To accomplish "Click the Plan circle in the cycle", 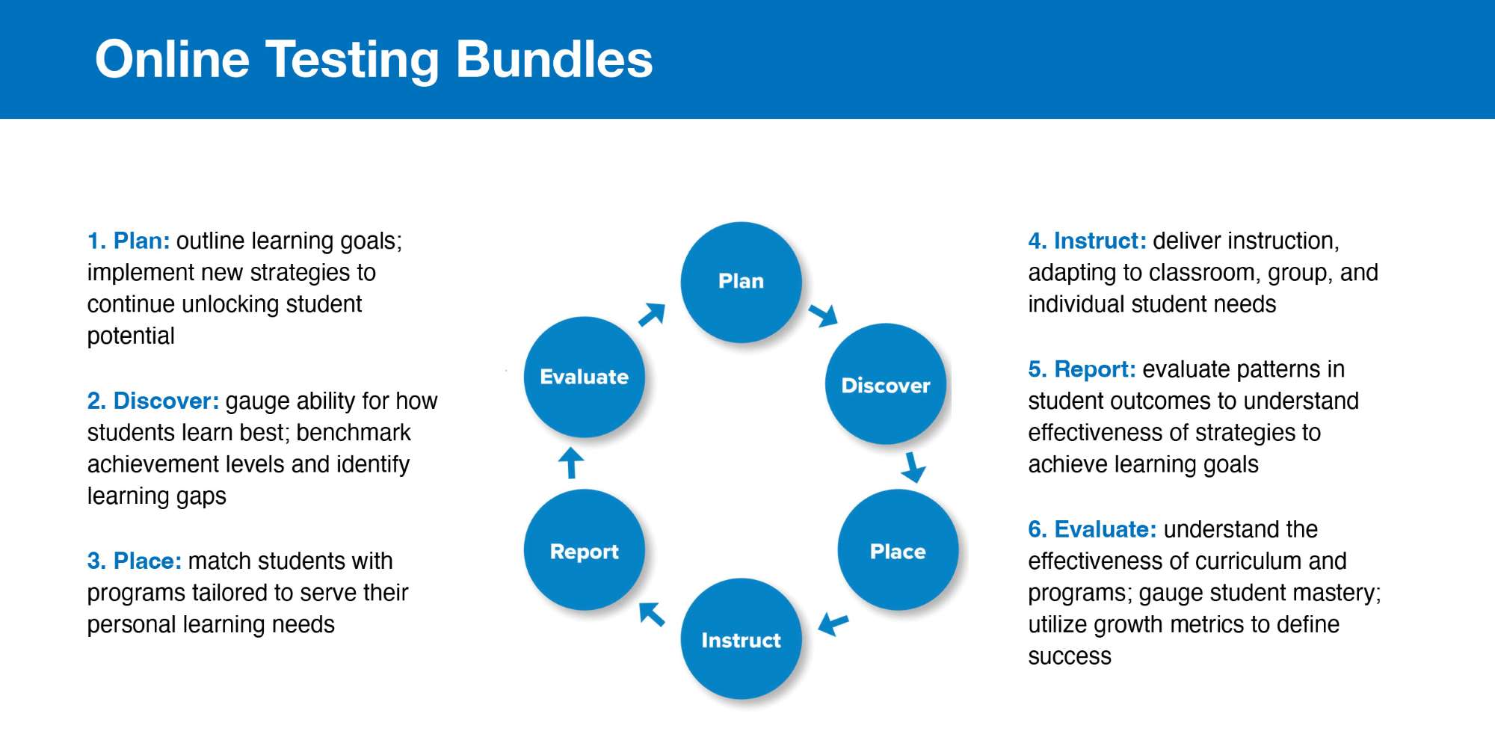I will click(x=741, y=282).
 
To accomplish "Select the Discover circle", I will click(x=886, y=384).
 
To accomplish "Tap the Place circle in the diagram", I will click(x=898, y=551).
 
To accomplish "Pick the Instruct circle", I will click(x=741, y=639).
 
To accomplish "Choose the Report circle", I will click(x=585, y=551).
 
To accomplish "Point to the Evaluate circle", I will click(x=585, y=377).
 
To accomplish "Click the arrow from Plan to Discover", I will click(x=823, y=315).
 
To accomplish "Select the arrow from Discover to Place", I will click(x=913, y=467).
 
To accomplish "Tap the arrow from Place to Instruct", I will click(x=833, y=623).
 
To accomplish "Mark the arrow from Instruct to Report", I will click(x=652, y=614).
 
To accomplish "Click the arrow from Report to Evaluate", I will click(x=571, y=462).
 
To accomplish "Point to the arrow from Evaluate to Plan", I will click(x=652, y=315).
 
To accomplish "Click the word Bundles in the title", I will click(x=554, y=60).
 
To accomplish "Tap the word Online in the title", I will click(x=172, y=60).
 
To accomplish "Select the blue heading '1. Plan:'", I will click(x=129, y=241).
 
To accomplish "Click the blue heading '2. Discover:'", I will click(x=153, y=401).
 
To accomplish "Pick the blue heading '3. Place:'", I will click(x=135, y=561).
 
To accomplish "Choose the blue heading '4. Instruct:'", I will click(x=1087, y=241).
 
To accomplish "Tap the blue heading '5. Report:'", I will click(x=1082, y=369).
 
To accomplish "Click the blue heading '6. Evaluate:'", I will click(x=1092, y=529).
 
